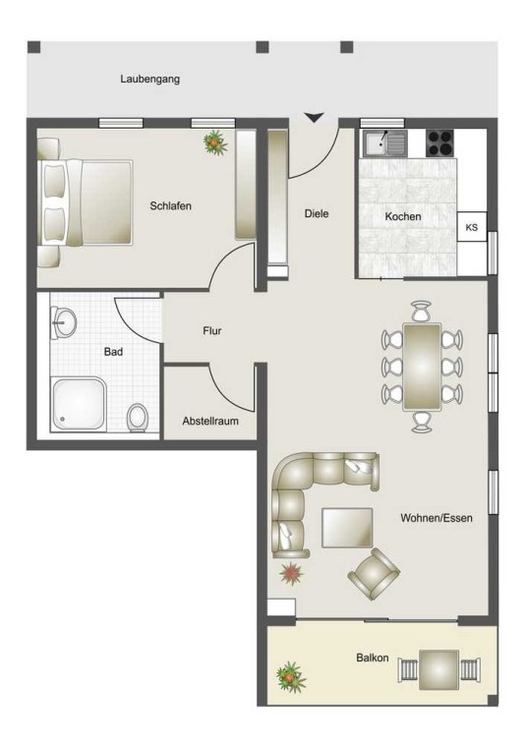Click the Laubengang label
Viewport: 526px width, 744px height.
(150, 79)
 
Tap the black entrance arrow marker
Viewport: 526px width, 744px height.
(315, 118)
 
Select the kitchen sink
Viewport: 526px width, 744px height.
(385, 143)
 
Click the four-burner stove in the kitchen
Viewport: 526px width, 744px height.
(440, 143)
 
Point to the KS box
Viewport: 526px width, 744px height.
(472, 227)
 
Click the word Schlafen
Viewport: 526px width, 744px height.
(170, 206)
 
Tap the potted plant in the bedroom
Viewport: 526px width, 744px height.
(215, 143)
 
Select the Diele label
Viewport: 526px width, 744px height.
(317, 213)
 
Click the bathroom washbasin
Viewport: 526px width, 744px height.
(63, 322)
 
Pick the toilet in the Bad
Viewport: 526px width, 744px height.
(138, 418)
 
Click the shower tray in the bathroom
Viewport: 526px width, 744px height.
(78, 403)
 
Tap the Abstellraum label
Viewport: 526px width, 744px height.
(210, 421)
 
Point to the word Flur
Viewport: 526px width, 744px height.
(212, 330)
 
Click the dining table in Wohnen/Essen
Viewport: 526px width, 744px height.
(422, 367)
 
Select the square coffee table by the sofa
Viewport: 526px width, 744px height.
(347, 528)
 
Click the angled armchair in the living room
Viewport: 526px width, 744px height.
(374, 573)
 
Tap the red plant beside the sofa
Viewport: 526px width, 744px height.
(291, 573)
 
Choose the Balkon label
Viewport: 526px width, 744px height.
(373, 658)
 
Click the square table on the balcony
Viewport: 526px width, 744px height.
(439, 670)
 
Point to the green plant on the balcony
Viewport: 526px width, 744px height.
(291, 677)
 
